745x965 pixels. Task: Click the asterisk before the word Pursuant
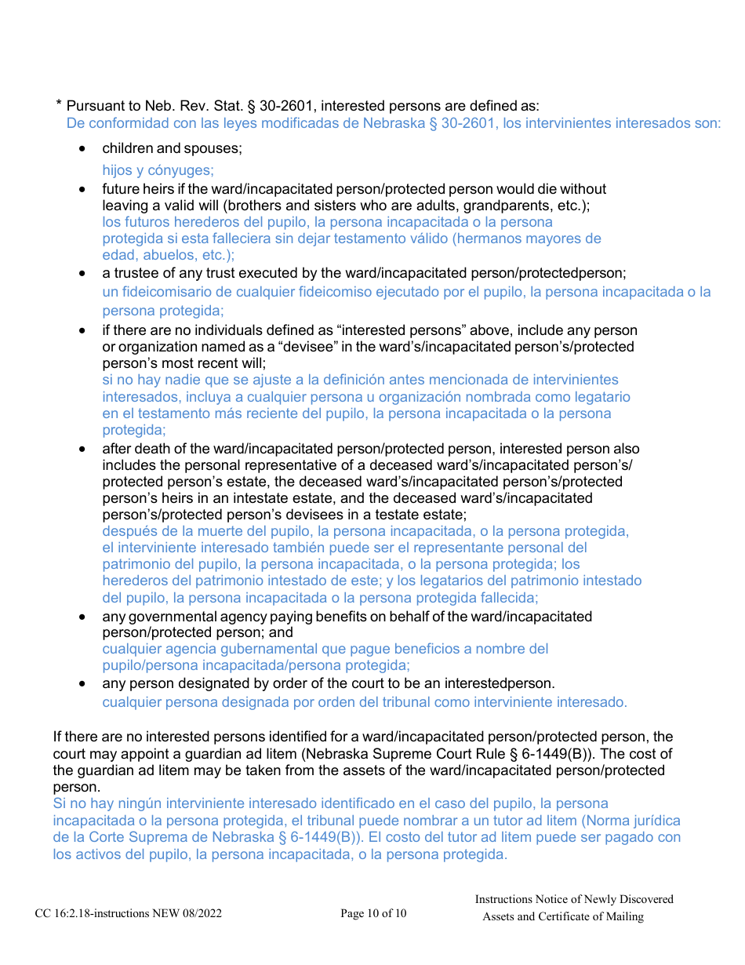[59, 104]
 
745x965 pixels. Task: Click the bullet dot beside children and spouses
[84, 149]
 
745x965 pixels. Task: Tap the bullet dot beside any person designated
[84, 684]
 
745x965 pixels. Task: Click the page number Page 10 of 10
[373, 913]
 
